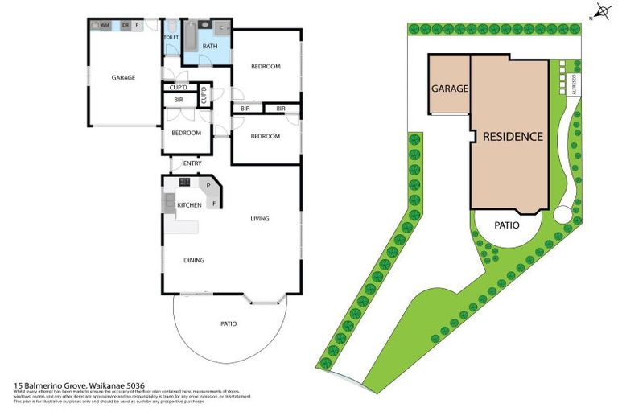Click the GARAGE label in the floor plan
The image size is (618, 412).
coord(123,78)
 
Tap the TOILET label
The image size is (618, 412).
coord(171,37)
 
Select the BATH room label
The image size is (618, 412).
coord(209,46)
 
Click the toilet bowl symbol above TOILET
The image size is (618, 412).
coord(171,26)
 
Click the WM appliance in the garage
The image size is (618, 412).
coord(105,25)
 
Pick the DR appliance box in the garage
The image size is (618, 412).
coord(125,25)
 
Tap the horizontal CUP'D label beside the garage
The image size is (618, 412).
coord(179,88)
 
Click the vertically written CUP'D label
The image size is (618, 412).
coord(204,96)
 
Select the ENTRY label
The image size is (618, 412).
coord(192,164)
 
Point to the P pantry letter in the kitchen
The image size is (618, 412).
coord(208,187)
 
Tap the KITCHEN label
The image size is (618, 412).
coord(189,205)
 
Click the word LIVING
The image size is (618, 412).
coord(259,218)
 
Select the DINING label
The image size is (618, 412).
coord(193,260)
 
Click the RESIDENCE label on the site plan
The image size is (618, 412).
coord(513,136)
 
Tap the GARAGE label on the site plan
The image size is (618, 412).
coord(449,89)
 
